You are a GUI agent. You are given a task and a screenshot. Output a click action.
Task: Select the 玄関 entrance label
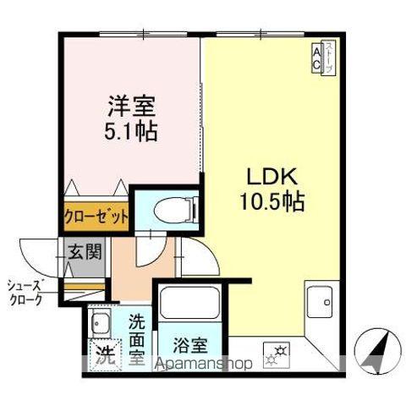(85, 252)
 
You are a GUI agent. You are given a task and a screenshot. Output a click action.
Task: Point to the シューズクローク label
(27, 291)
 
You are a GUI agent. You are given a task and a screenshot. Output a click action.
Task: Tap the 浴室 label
(190, 345)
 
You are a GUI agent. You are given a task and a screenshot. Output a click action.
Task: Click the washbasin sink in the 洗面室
(100, 323)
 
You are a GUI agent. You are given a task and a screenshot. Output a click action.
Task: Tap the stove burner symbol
(277, 352)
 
